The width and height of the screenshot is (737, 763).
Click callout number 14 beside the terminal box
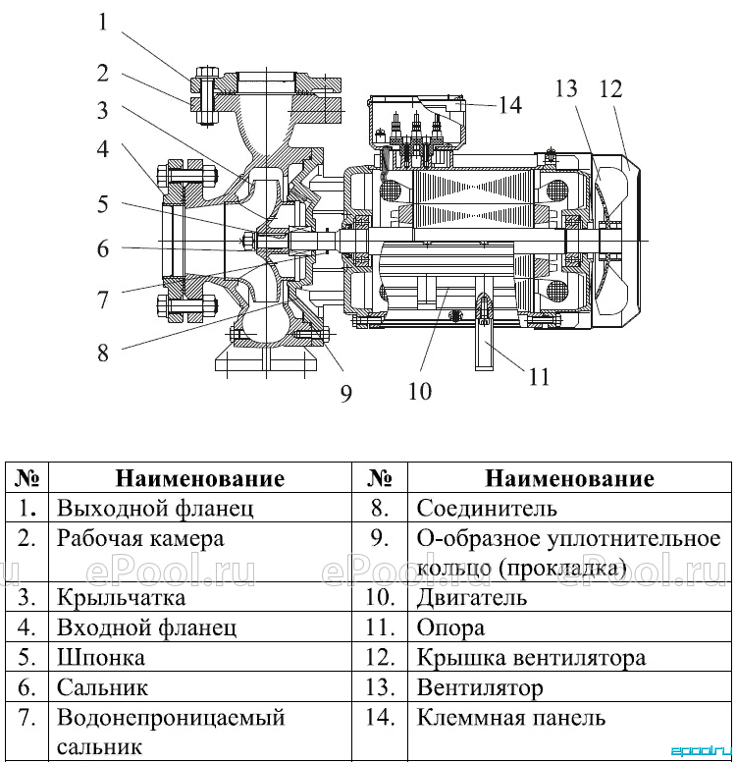[510, 105]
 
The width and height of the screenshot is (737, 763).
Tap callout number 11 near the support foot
[539, 377]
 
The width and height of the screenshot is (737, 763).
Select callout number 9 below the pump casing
[345, 393]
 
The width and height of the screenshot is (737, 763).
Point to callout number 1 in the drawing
[103, 22]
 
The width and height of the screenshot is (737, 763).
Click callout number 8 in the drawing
[103, 352]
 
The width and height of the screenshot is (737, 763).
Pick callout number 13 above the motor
[566, 88]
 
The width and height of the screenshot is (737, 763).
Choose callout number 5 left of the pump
[103, 204]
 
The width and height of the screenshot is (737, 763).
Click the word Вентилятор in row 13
[480, 688]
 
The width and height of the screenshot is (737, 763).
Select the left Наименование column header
[200, 478]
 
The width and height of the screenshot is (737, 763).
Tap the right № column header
[380, 478]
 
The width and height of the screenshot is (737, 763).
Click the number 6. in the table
[26, 687]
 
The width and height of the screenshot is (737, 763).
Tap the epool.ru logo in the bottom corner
[702, 751]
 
